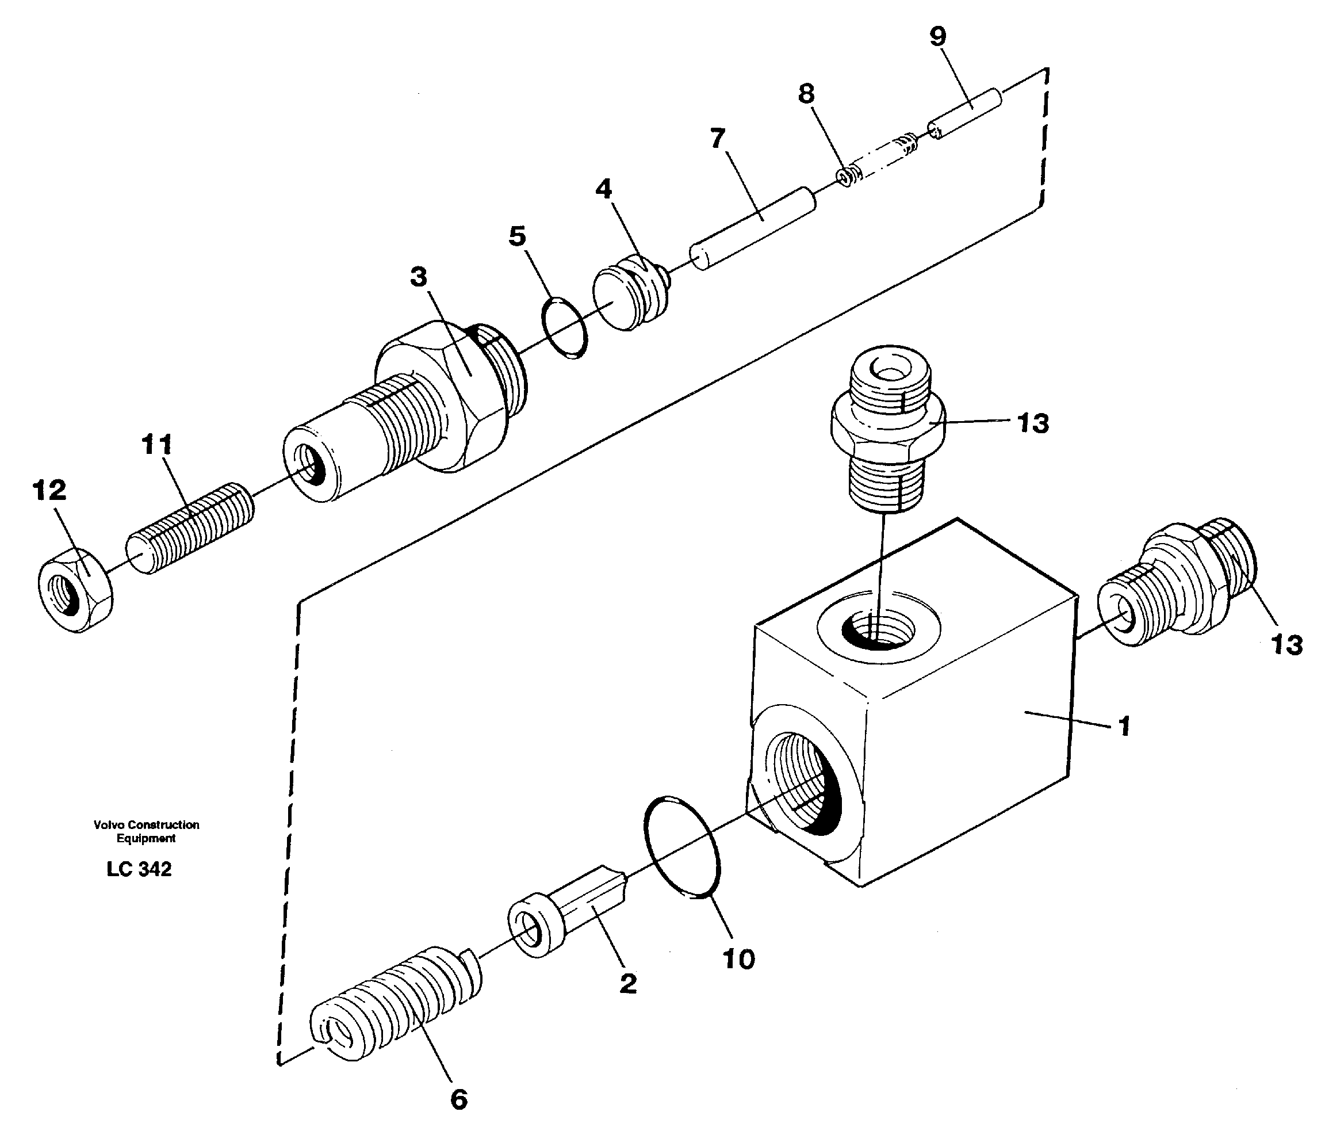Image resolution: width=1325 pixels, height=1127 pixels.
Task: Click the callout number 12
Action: pyautogui.click(x=49, y=491)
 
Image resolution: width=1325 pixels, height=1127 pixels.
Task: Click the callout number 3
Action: pyautogui.click(x=418, y=277)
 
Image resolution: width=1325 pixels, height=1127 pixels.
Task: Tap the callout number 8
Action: pyautogui.click(x=806, y=94)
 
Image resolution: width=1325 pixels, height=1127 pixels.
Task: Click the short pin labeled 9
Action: pyautogui.click(x=965, y=114)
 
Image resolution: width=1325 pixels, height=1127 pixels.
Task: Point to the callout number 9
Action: pyautogui.click(x=937, y=37)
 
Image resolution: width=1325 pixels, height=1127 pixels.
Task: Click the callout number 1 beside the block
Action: pyautogui.click(x=1124, y=727)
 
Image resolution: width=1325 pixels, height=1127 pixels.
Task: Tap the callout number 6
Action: pyautogui.click(x=458, y=1099)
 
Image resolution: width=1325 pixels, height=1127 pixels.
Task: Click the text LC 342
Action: pyautogui.click(x=139, y=869)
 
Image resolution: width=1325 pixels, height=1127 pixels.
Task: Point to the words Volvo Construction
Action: pyautogui.click(x=146, y=825)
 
